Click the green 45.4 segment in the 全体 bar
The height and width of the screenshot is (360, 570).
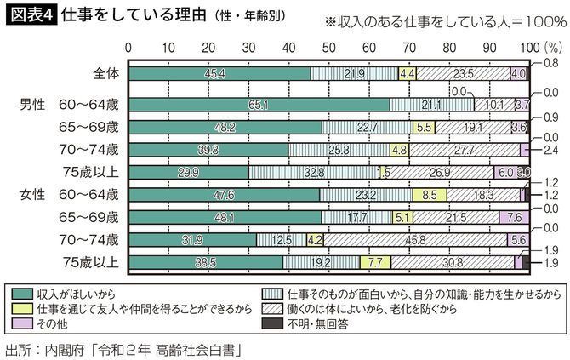(x=217, y=74)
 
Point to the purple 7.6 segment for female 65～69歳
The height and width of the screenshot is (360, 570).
(x=515, y=218)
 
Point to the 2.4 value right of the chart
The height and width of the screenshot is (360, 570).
(x=550, y=150)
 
